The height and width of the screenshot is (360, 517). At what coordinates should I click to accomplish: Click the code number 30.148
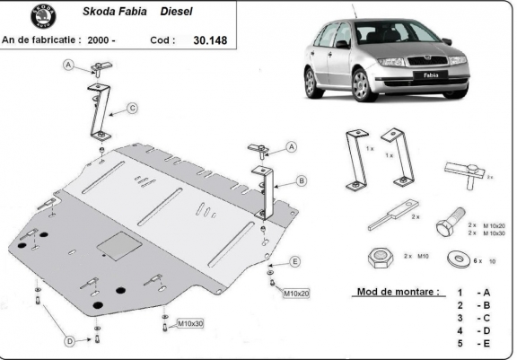[x=210, y=40]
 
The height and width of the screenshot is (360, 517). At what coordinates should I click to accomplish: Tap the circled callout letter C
[x=132, y=109]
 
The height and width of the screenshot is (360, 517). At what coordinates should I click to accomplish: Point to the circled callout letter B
[x=302, y=180]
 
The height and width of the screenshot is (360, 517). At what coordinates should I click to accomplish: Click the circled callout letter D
[x=68, y=340]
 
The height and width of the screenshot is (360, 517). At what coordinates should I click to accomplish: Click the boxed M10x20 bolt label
[x=295, y=294]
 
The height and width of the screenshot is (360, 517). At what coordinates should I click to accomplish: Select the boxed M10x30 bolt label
[x=189, y=323]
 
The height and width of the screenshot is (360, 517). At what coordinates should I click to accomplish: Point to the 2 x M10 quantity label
[x=414, y=258]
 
